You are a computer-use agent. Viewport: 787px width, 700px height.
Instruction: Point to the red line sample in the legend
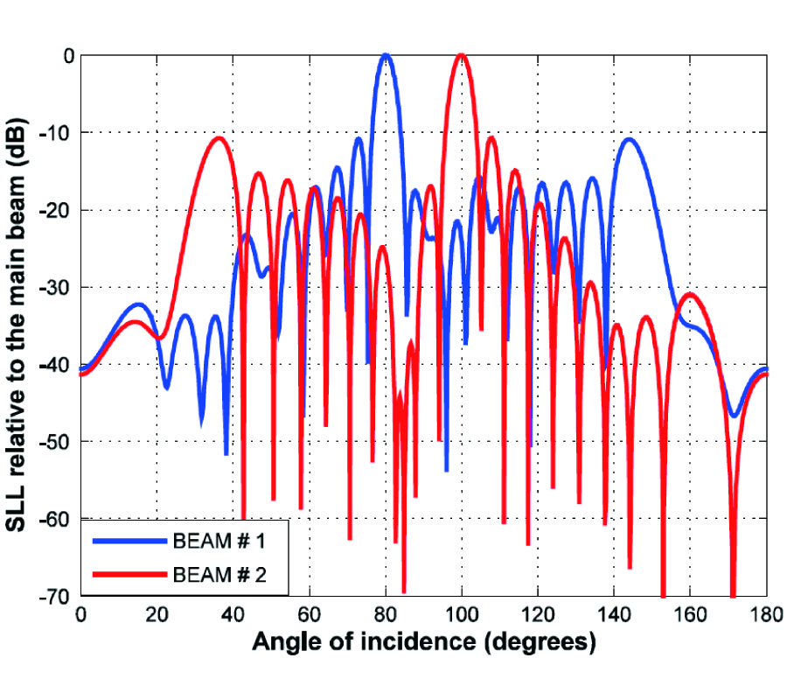tap(129, 576)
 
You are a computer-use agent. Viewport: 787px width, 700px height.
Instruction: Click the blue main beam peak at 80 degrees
tap(386, 55)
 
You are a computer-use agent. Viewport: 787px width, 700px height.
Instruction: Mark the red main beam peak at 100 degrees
tap(462, 55)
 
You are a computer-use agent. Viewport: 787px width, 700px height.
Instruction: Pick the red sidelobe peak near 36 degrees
tap(218, 138)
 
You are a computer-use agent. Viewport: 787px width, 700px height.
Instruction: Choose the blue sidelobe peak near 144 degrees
tap(629, 139)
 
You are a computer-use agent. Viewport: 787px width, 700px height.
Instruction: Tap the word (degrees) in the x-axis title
tap(542, 643)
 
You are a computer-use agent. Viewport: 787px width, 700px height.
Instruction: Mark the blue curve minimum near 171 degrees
tap(735, 416)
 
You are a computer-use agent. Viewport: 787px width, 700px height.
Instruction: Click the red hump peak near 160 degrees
tap(691, 295)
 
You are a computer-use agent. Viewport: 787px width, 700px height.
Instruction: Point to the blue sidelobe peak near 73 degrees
tap(358, 139)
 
